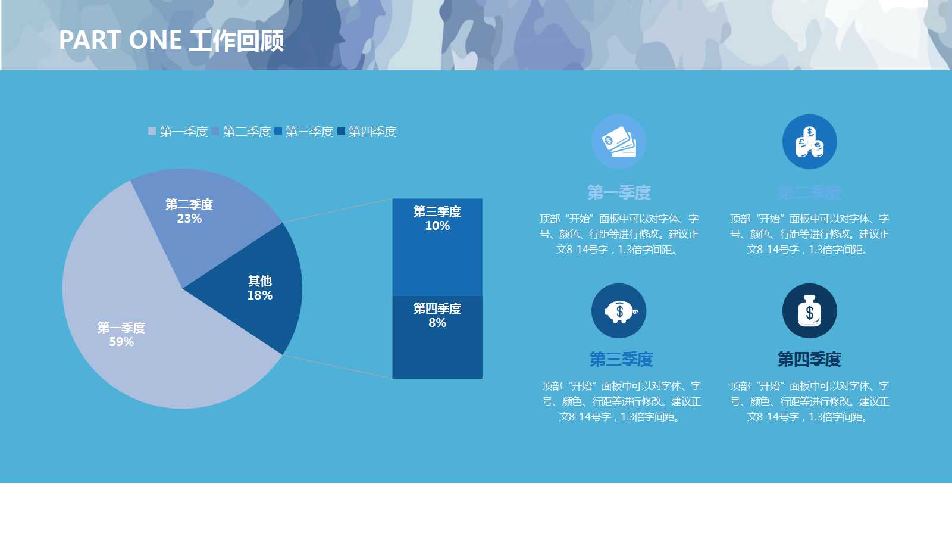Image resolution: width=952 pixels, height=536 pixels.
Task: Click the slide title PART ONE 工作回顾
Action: tap(171, 40)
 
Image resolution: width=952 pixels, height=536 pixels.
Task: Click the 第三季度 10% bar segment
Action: tap(437, 256)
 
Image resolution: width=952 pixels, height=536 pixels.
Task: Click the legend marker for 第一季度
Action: tap(152, 131)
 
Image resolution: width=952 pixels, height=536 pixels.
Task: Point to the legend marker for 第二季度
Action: tap(215, 131)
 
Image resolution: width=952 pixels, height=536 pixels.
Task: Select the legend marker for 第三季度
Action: tap(278, 131)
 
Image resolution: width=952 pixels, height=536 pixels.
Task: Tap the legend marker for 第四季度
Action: tap(341, 131)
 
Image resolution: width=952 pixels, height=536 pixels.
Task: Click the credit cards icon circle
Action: tap(619, 142)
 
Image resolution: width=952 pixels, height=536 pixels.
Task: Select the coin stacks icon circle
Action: tap(809, 142)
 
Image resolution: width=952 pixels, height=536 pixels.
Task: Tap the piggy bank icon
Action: tap(619, 311)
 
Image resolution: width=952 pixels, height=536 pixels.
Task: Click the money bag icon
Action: tap(809, 311)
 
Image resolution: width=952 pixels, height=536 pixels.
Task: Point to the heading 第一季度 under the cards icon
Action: tap(619, 192)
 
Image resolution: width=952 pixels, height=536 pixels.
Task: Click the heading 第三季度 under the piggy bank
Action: tap(621, 359)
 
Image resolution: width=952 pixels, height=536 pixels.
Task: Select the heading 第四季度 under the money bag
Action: tap(809, 359)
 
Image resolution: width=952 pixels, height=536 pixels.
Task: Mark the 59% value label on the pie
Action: tap(121, 342)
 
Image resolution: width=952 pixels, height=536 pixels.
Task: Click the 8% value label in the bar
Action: tap(437, 323)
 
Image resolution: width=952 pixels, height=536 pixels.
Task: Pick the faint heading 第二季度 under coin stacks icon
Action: tap(809, 192)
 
